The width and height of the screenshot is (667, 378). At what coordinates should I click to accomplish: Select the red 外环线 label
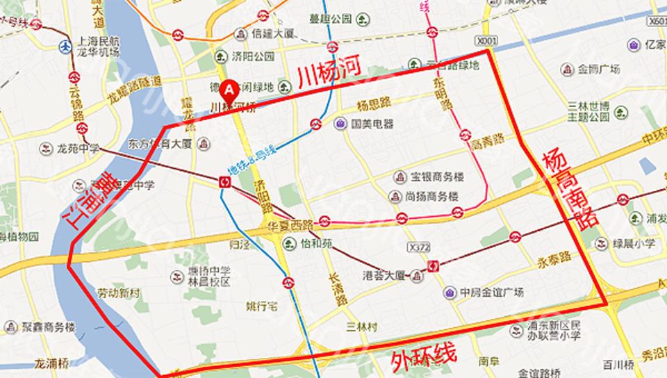(423, 357)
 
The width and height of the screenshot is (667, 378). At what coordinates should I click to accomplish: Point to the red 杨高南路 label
(568, 188)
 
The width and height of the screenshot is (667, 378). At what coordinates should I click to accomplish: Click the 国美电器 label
(372, 124)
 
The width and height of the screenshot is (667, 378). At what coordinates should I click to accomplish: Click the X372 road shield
(418, 247)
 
